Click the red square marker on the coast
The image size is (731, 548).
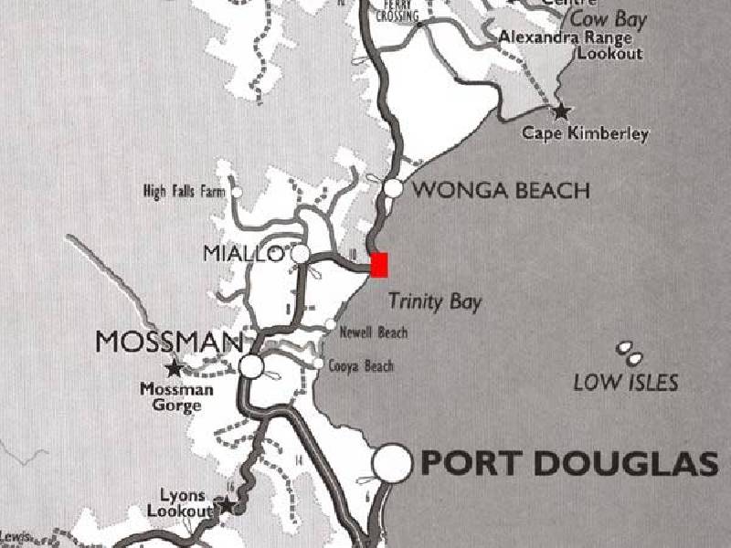tap(379, 264)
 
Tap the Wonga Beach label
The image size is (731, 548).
tap(501, 191)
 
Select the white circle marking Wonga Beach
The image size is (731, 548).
tap(394, 188)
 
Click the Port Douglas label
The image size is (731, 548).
tap(568, 464)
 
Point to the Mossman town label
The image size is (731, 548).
tap(169, 342)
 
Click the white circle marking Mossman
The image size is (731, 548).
tap(251, 367)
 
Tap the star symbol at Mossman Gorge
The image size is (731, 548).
tap(174, 369)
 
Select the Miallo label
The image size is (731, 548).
tap(244, 254)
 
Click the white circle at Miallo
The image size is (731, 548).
tap(301, 253)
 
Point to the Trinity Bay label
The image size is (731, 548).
tap(435, 301)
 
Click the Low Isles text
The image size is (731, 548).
tap(626, 382)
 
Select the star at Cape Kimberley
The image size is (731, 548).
tap(561, 111)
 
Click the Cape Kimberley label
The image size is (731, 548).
tap(585, 134)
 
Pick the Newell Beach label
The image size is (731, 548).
tap(373, 332)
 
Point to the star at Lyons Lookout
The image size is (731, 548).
tap(226, 505)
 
